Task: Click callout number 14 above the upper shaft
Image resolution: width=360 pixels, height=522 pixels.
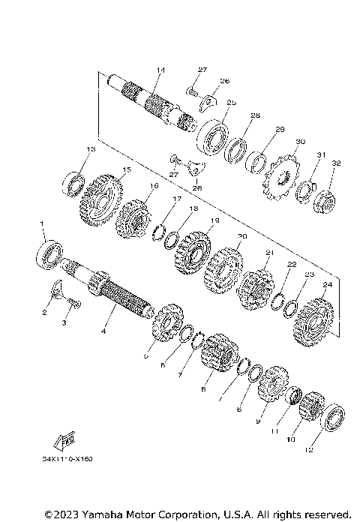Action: pos(160,70)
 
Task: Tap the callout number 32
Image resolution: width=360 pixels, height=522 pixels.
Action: pos(336,163)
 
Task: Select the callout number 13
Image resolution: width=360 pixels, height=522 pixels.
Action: pos(91,150)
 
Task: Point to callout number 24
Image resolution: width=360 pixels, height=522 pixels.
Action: pos(326,285)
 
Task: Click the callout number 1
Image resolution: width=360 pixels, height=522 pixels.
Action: pos(42,223)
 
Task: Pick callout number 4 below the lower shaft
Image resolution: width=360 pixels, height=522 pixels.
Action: pos(104,331)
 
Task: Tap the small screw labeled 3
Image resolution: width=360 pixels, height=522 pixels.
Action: pos(73,303)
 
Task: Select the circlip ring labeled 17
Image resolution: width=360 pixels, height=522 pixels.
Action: pos(160,229)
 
